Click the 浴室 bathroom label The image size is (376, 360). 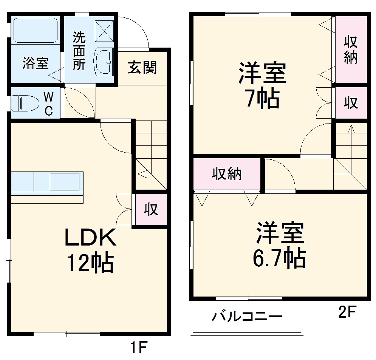(36, 63)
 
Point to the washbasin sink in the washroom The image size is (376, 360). (103, 62)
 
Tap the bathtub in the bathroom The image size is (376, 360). (35, 30)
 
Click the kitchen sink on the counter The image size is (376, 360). (64, 181)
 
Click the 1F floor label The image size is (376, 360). (139, 347)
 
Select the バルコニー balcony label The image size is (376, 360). (246, 316)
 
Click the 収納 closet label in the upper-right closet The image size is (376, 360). (351, 50)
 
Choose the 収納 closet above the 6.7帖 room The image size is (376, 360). (226, 174)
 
